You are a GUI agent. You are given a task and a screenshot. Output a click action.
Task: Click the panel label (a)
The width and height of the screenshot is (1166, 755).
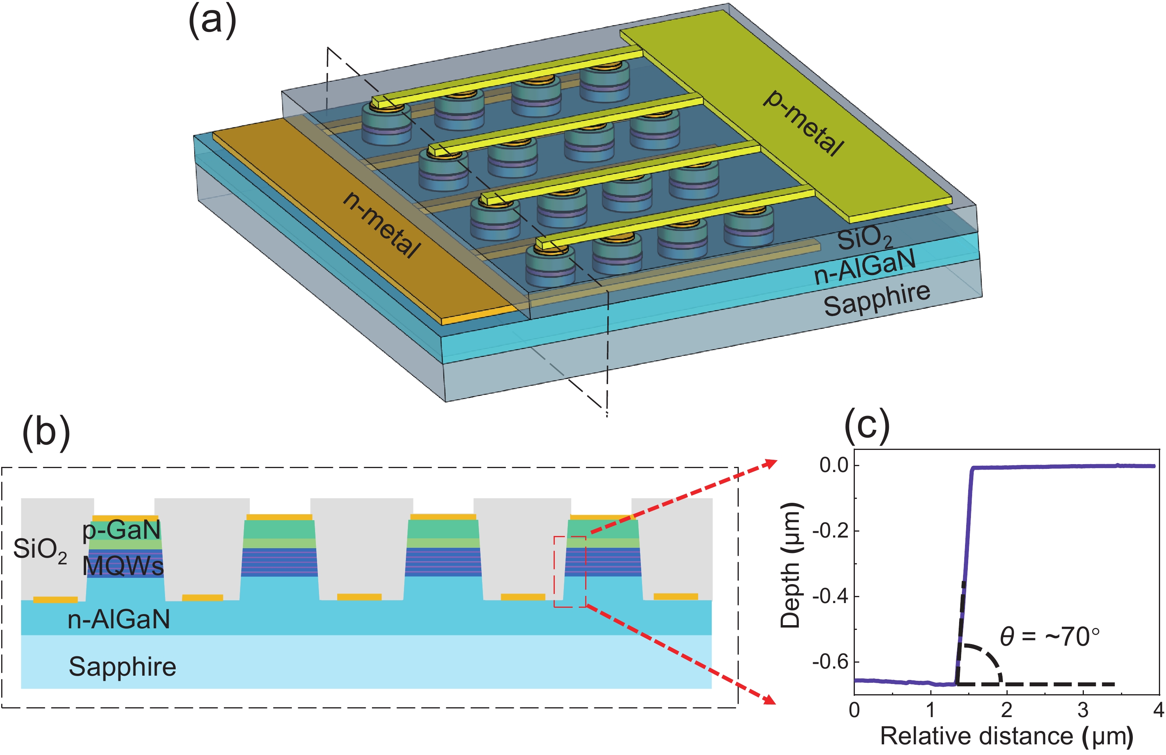pyautogui.click(x=212, y=22)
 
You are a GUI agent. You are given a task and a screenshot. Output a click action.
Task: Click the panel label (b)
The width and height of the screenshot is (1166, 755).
pyautogui.click(x=47, y=432)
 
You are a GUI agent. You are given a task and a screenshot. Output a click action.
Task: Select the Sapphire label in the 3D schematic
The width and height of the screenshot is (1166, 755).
pyautogui.click(x=877, y=299)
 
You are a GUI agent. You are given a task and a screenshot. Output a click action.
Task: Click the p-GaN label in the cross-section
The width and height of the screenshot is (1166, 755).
pyautogui.click(x=122, y=530)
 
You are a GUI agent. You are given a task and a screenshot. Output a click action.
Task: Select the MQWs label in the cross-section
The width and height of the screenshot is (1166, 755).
pyautogui.click(x=122, y=566)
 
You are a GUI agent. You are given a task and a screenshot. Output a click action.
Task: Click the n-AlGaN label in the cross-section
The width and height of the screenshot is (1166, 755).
pyautogui.click(x=119, y=619)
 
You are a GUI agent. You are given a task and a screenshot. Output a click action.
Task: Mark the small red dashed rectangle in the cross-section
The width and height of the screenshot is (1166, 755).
pyautogui.click(x=570, y=571)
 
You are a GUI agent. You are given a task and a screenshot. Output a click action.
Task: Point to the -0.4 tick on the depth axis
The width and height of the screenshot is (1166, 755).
pyautogui.click(x=830, y=596)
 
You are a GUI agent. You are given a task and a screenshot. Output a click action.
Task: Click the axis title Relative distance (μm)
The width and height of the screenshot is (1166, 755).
pyautogui.click(x=1006, y=736)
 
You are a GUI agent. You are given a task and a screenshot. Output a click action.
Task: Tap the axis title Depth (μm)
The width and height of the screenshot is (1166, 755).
pyautogui.click(x=790, y=566)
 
